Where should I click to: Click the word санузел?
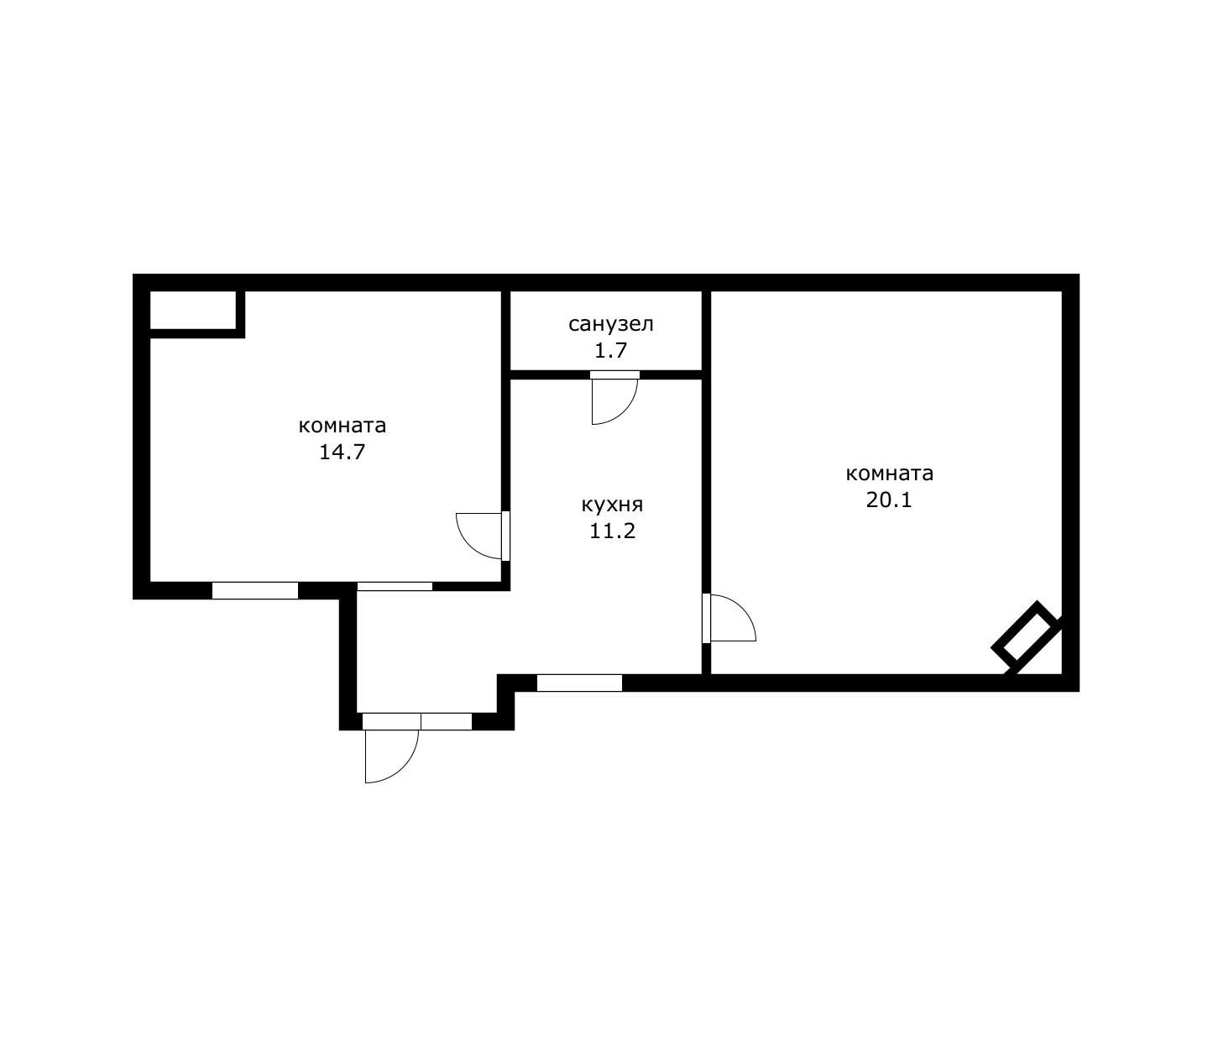coord(610,325)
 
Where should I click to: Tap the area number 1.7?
coord(610,351)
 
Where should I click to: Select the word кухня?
coord(612,505)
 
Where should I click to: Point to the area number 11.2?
coord(612,531)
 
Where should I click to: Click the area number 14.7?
coord(342,453)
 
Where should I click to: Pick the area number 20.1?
coord(889,500)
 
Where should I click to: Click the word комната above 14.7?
coord(342,426)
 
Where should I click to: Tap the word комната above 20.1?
coord(889,474)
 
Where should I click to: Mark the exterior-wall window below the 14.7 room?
coord(255,590)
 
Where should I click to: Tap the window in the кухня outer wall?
coord(579,683)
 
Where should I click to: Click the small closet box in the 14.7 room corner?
coord(193,310)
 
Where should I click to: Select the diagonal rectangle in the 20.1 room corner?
coord(1025,634)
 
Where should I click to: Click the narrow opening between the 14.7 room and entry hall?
coord(395,586)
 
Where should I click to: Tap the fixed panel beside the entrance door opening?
coord(446,721)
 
